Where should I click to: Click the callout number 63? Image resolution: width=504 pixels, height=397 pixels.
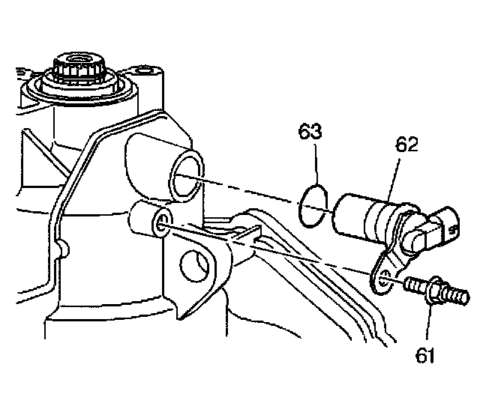click(x=310, y=133)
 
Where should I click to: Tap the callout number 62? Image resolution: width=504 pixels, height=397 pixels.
click(x=406, y=147)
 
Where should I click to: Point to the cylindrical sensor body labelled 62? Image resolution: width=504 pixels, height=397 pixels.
click(x=363, y=214)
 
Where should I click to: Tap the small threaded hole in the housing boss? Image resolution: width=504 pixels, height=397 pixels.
click(x=160, y=221)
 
